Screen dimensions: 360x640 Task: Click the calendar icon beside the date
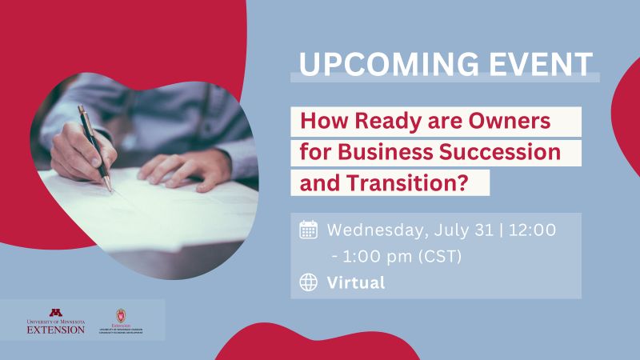309,230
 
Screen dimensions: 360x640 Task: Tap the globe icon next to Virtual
309,282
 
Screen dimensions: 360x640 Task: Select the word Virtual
356,282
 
